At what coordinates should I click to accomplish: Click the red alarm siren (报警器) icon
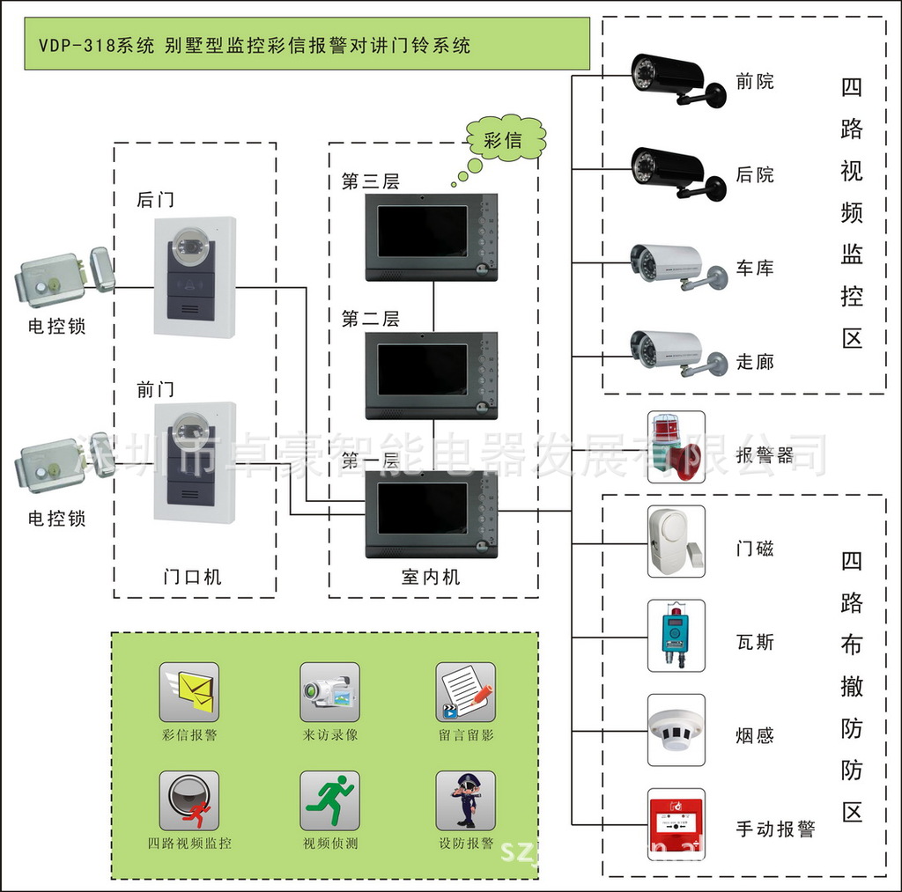[x=676, y=446]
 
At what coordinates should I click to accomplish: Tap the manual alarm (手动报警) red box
[x=676, y=822]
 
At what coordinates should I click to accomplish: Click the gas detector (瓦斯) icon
[x=676, y=636]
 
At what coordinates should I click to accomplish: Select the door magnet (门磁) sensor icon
[x=676, y=541]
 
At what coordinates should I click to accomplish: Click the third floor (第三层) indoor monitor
[x=432, y=236]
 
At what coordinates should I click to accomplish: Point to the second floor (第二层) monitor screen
[x=423, y=370]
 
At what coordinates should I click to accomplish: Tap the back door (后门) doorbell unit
[x=195, y=276]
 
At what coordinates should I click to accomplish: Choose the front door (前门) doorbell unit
[x=195, y=462]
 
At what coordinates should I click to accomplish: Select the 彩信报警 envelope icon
[x=189, y=691]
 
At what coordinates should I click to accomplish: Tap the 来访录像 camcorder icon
[x=329, y=691]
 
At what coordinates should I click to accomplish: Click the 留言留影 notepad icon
[x=465, y=691]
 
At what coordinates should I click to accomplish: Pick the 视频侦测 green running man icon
[x=329, y=800]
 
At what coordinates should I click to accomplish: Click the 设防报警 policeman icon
[x=465, y=800]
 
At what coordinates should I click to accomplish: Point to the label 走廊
[x=755, y=361]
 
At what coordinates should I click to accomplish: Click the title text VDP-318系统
[x=97, y=45]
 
